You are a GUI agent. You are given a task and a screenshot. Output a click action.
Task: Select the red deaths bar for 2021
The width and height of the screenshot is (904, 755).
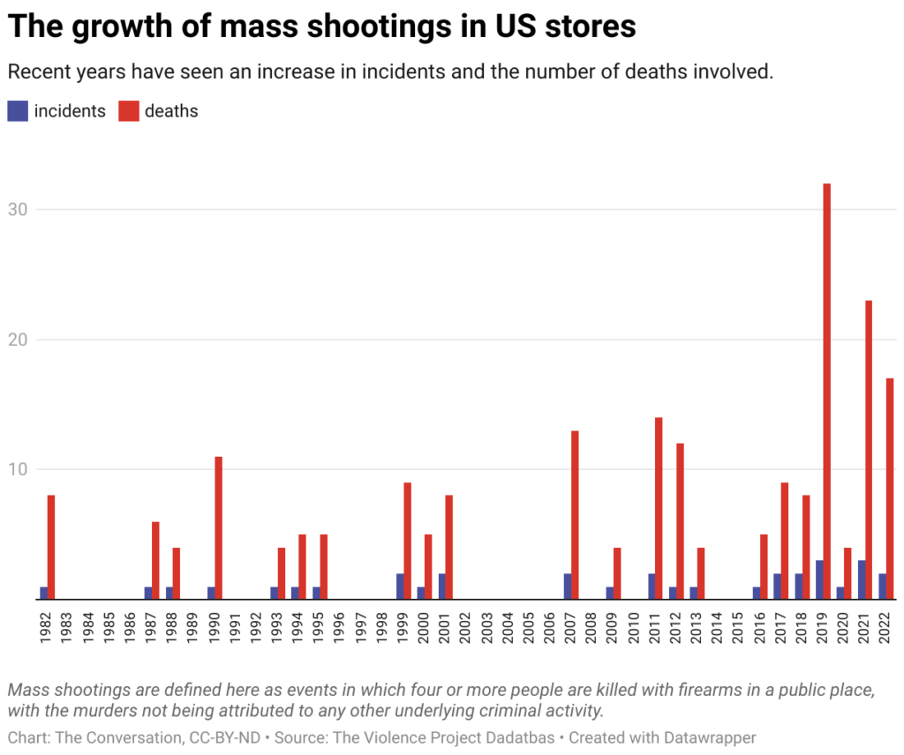pos(869,450)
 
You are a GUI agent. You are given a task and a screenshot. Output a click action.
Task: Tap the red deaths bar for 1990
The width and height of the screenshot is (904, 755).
pos(218,527)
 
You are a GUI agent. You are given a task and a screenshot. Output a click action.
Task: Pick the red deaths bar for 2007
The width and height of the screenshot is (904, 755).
pos(575,514)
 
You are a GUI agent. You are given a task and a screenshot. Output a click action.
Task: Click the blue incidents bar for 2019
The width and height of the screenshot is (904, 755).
pos(819,579)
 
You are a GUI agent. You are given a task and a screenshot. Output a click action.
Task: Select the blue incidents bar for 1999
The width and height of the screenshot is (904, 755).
pos(400,586)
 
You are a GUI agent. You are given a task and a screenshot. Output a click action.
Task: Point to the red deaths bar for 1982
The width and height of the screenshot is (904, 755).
pos(51,547)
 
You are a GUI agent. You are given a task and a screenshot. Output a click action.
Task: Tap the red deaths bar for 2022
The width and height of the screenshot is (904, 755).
pos(890,489)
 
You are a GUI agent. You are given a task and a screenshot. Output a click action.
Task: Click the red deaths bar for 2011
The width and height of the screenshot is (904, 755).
pos(659,508)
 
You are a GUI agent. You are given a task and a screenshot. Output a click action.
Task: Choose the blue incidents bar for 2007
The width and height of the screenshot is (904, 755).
pos(568,586)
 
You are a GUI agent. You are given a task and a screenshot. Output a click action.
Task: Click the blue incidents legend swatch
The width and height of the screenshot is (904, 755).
pos(18,111)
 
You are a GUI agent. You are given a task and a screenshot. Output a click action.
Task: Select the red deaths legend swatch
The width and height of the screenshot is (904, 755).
pos(129,111)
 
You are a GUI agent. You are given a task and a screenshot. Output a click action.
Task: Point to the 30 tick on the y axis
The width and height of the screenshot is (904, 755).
pos(18,210)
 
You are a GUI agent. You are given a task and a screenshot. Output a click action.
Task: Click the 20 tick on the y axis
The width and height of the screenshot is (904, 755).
pos(18,340)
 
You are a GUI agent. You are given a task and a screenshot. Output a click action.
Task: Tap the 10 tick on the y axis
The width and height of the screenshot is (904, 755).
pos(18,469)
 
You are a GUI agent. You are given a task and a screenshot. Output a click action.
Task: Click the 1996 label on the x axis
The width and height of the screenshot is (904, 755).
pos(338,625)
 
